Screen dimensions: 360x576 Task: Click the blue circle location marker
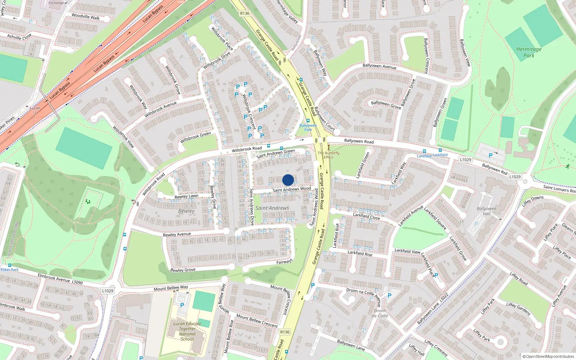(288, 180)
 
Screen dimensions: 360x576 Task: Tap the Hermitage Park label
(529, 52)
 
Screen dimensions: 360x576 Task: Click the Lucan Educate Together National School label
(187, 331)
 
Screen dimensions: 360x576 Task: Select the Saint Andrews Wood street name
(292, 189)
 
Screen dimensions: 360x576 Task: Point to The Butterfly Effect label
(329, 155)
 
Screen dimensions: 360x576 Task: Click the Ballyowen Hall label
(486, 211)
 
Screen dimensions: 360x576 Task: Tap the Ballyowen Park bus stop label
(308, 127)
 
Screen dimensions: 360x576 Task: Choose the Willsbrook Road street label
(247, 149)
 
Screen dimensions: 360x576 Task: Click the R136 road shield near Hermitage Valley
(244, 13)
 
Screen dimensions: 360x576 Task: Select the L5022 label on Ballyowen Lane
(444, 298)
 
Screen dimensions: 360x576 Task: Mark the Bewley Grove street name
(183, 270)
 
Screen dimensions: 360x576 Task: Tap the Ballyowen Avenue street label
(379, 66)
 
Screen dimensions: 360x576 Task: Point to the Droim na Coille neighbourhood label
(380, 313)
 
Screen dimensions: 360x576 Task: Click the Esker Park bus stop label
(10, 270)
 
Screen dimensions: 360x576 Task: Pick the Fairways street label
(284, 261)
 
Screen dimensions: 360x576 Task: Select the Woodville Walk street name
(85, 17)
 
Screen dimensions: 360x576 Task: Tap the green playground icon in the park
(87, 202)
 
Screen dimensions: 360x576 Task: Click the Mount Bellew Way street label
(171, 288)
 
